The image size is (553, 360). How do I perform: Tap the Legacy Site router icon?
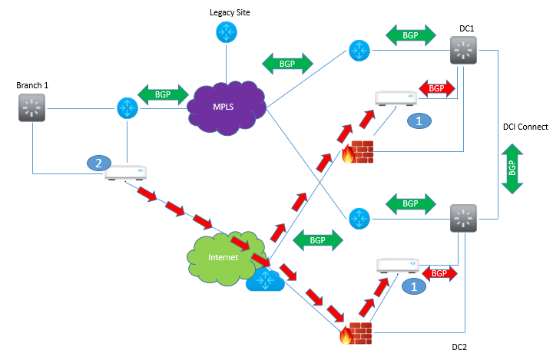coord(225,32)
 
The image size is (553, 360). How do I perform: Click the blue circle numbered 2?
coord(98,163)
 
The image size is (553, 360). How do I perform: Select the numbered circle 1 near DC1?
coord(418,121)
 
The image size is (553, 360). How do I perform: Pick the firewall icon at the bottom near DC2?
coord(357,332)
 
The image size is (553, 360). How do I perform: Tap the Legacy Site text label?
coord(230,12)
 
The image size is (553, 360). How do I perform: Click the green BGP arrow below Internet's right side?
coord(316,239)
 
